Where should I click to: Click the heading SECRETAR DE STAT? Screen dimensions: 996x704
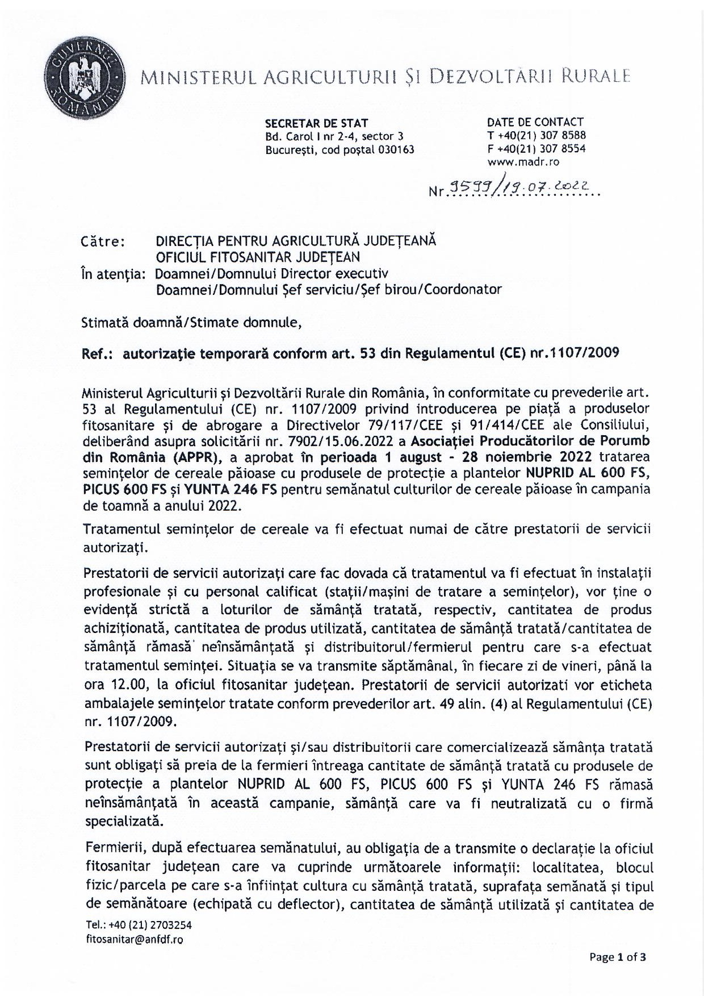point(316,123)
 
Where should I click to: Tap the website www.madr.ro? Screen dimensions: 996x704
point(523,162)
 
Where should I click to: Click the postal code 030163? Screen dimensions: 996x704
point(396,150)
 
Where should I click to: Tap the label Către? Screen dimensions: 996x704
point(103,241)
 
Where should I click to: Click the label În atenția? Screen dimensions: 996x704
point(114,273)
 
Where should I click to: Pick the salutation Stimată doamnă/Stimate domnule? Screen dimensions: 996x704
point(191,323)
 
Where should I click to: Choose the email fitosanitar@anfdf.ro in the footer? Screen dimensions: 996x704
point(135,940)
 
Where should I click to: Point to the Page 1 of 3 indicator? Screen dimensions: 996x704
point(618,957)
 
